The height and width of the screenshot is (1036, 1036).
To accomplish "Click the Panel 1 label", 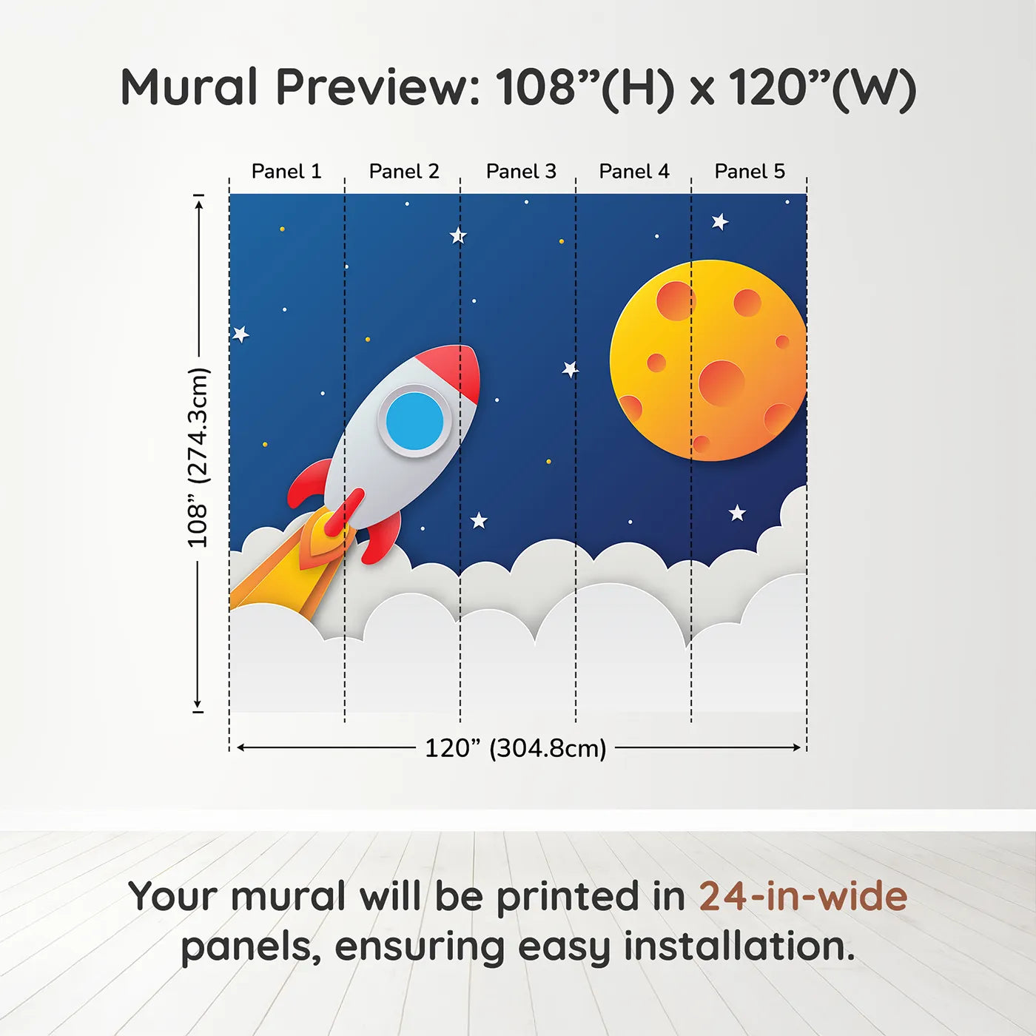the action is [x=286, y=172].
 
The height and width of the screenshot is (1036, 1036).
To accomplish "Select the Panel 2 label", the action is [x=404, y=172].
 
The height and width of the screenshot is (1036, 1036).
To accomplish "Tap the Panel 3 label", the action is [x=521, y=172].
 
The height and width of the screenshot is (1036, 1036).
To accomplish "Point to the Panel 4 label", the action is [x=634, y=172].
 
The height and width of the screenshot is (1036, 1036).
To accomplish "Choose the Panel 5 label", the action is [x=750, y=172].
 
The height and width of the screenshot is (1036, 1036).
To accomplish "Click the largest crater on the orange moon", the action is [x=721, y=383].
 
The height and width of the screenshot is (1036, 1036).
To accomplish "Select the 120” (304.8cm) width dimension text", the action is [x=516, y=748].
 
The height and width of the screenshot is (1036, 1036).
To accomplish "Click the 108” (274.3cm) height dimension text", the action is [x=198, y=457].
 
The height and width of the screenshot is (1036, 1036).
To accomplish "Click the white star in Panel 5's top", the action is [x=720, y=221].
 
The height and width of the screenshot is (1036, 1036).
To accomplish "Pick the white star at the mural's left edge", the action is [x=240, y=334].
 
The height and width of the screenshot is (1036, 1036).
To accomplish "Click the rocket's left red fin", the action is [x=309, y=484].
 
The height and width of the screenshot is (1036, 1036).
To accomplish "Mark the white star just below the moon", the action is [x=737, y=513].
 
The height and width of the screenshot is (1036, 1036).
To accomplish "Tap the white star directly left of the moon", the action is [x=570, y=369].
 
